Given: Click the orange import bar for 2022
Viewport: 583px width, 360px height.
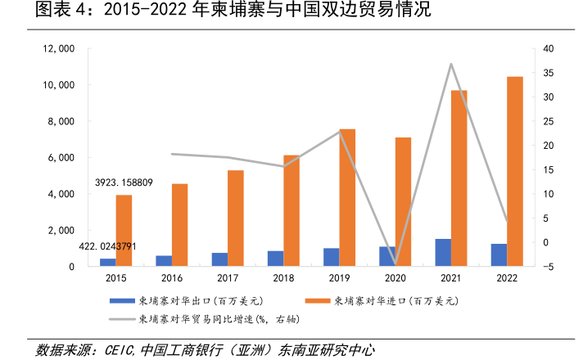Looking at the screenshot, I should point(515,171).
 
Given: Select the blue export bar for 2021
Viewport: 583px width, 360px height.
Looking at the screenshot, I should point(443,252).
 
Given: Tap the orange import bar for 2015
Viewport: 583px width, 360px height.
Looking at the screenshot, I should point(124,230).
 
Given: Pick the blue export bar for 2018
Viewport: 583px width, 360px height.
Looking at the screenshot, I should point(275,258).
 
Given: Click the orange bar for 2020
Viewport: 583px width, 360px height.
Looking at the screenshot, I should point(404,201).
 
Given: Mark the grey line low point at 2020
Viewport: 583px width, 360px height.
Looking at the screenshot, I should point(395,264).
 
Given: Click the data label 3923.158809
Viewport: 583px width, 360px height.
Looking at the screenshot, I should point(124,182).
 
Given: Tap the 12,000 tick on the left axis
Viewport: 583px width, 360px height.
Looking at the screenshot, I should point(58,49).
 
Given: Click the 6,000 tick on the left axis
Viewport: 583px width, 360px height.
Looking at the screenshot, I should point(61,158).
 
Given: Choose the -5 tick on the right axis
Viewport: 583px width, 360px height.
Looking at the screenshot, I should point(549,267).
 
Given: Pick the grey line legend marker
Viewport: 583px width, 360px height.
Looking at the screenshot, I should point(121,318).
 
